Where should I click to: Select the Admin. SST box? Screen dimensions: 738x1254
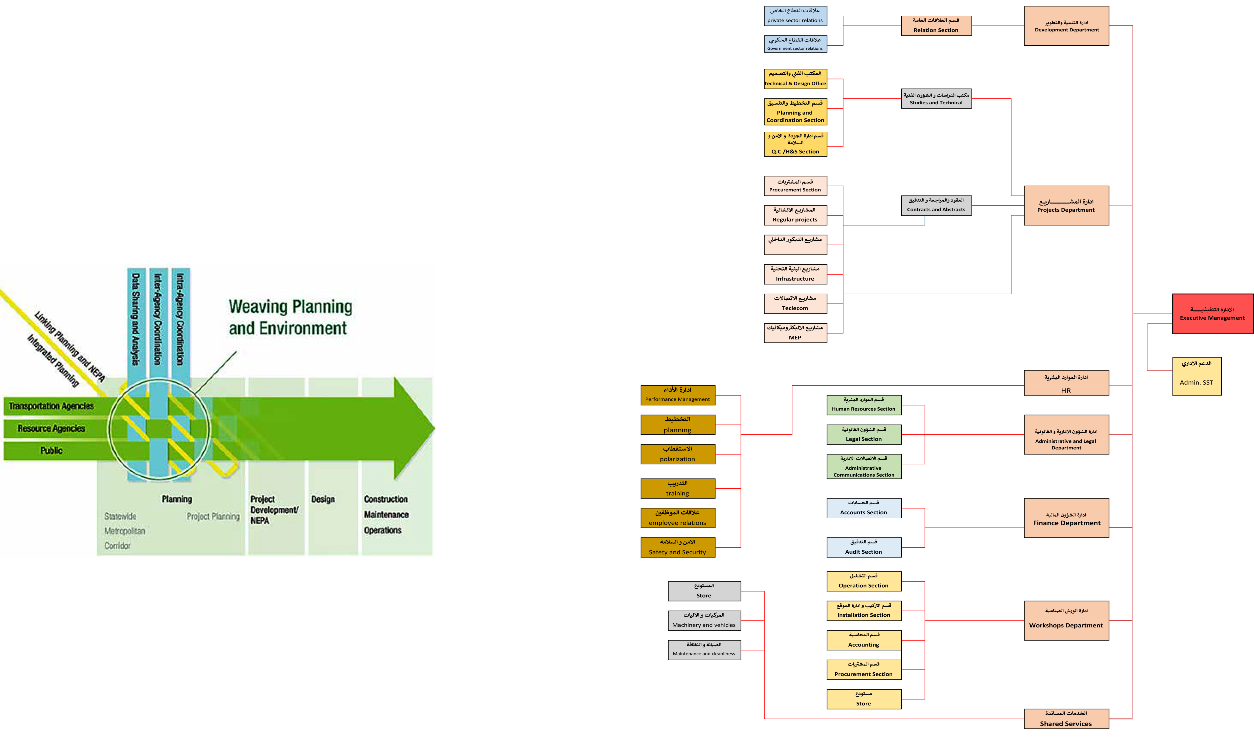[x=1196, y=376]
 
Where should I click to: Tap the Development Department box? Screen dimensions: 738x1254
[x=1066, y=26]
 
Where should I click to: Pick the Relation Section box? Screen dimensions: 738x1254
[x=936, y=25]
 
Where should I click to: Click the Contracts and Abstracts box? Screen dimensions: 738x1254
[x=936, y=205]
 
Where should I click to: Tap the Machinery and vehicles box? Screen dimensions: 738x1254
[x=704, y=621]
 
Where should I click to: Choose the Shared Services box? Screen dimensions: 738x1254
[x=1066, y=719]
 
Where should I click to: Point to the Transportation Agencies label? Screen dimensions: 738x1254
[x=51, y=406]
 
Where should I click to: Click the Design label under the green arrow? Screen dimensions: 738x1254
[x=323, y=499]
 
